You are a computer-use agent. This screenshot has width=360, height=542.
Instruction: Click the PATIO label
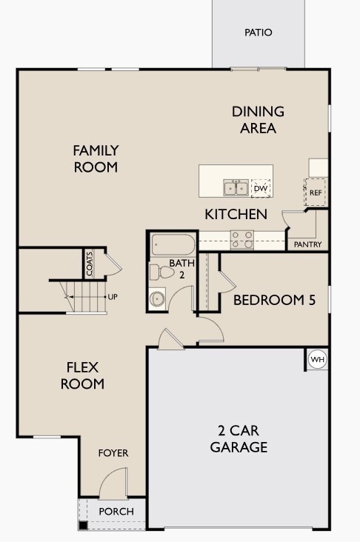(x=259, y=33)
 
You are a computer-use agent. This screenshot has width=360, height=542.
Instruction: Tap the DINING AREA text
(x=258, y=120)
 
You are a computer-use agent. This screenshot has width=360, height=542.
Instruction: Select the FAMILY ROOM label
(x=96, y=158)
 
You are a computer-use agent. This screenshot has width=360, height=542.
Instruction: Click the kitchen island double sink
(x=236, y=187)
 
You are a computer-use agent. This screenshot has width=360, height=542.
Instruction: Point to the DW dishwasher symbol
(x=261, y=188)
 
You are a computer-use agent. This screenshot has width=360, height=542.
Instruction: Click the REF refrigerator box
(x=315, y=193)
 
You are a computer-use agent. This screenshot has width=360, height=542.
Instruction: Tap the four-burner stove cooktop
(x=242, y=240)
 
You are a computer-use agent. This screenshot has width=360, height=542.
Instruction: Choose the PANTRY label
(x=308, y=244)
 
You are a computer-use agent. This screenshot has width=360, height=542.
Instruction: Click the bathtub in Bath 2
(x=173, y=244)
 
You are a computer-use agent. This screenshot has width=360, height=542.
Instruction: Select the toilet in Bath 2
(x=161, y=272)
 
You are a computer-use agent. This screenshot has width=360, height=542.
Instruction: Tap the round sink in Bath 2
(x=157, y=298)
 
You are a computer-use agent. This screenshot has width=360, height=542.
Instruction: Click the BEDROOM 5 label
(x=275, y=300)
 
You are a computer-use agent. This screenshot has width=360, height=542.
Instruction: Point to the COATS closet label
(x=90, y=264)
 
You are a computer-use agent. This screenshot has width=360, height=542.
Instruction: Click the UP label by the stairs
(x=113, y=297)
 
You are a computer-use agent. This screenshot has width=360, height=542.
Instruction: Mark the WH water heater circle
(x=318, y=360)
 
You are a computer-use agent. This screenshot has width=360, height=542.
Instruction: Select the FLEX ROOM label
(x=82, y=375)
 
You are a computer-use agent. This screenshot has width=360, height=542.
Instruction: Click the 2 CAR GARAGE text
(x=239, y=438)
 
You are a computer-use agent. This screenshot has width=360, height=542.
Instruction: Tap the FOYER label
(x=113, y=453)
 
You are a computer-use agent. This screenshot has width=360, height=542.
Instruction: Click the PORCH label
(x=116, y=512)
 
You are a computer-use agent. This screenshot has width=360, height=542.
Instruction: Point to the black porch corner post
(x=83, y=526)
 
